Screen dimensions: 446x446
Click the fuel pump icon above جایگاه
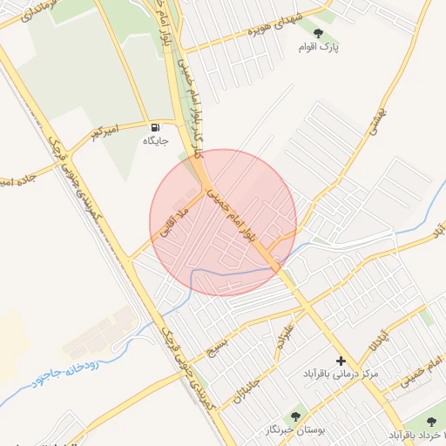(156, 125)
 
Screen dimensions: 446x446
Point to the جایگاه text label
(156, 139)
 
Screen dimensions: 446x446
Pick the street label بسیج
(215, 348)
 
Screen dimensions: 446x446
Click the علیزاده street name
(285, 332)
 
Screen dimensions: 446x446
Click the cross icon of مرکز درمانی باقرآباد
(341, 360)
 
